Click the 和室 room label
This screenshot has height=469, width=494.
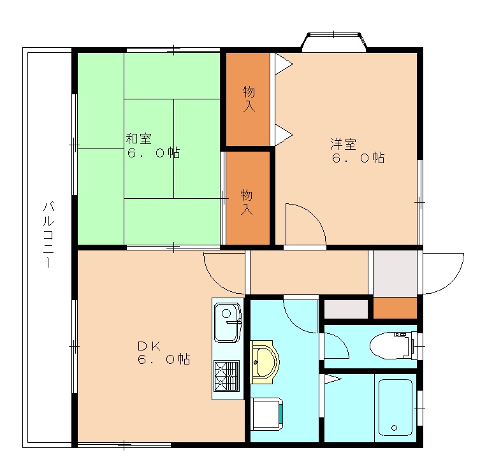(139, 138)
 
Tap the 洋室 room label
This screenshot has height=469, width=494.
(344, 144)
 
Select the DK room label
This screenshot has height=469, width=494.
(149, 347)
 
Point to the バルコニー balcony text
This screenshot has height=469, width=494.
(48, 235)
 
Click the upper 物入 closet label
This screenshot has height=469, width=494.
(249, 99)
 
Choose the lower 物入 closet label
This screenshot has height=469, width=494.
(247, 202)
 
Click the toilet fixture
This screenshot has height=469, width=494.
(393, 345)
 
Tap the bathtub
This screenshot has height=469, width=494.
(395, 408)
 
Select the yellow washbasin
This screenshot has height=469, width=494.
(264, 362)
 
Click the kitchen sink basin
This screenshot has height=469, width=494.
(228, 322)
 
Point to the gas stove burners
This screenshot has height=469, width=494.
(226, 376)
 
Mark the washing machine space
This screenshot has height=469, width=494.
(267, 414)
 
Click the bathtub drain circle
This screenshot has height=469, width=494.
(394, 428)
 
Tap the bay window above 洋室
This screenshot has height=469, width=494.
(334, 42)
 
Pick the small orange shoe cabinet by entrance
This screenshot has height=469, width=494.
(395, 308)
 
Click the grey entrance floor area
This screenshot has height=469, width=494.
(395, 273)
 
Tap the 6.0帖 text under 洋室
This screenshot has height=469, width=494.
(358, 157)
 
